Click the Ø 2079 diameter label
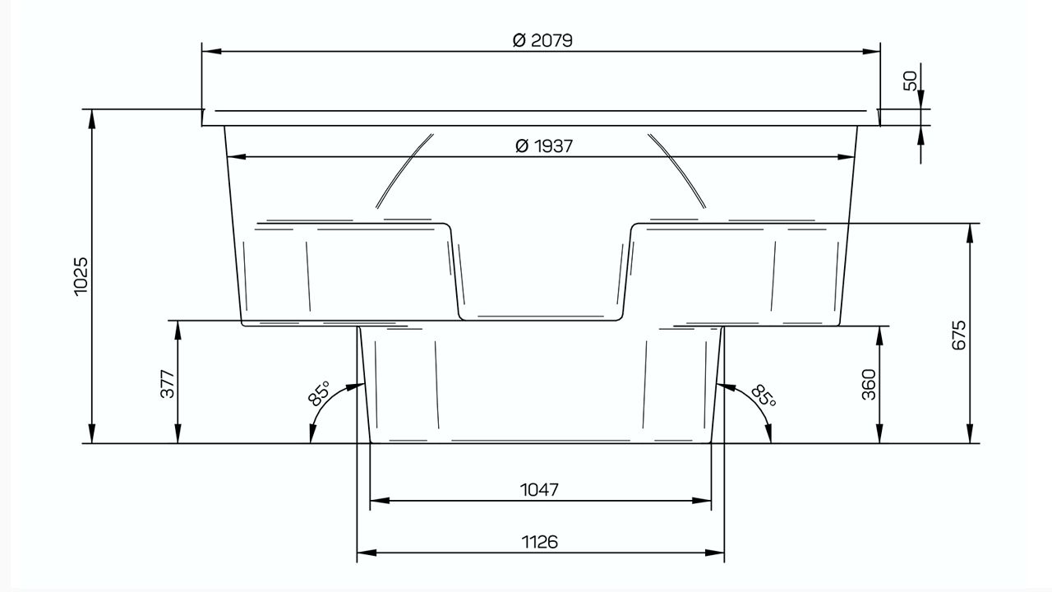coord(542,40)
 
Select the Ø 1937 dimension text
coord(544,146)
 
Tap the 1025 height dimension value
coord(81,275)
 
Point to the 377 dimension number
coord(168,384)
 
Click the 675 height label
coord(959,335)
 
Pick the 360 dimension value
coord(869,385)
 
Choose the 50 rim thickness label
coord(910,81)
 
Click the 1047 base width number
coord(540,490)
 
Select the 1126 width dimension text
coord(540,542)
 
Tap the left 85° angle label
coord(319,393)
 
